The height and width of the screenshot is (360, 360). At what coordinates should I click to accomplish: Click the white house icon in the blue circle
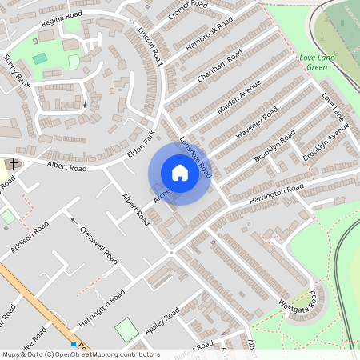180,173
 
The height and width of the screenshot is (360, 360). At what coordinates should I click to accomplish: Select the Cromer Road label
189,14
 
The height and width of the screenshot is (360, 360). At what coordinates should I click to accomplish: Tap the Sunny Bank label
16,72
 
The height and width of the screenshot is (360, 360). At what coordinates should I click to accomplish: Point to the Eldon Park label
140,145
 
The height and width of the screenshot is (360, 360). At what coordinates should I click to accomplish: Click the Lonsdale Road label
196,154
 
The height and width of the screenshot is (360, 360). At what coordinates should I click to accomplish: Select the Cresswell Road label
100,246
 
